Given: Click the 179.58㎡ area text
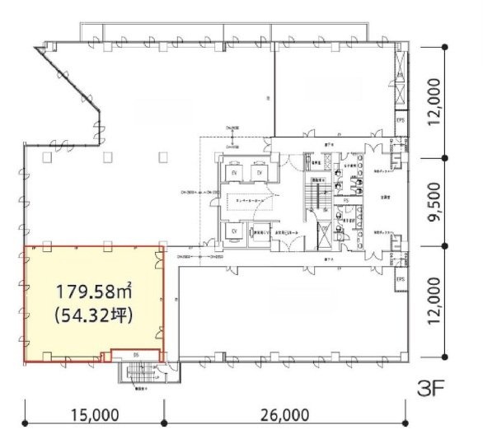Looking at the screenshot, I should click(x=94, y=292).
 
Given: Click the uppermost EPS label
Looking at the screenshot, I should click(x=401, y=119).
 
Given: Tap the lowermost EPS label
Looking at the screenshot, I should click(x=401, y=281).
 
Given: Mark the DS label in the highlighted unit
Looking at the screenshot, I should click(x=135, y=355).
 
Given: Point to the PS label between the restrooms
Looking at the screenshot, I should click(x=347, y=199).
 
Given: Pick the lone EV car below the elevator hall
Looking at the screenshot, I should click(x=234, y=232).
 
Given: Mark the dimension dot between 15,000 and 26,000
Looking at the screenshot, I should click(x=164, y=423).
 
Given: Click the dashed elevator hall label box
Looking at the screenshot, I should click(x=246, y=203).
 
